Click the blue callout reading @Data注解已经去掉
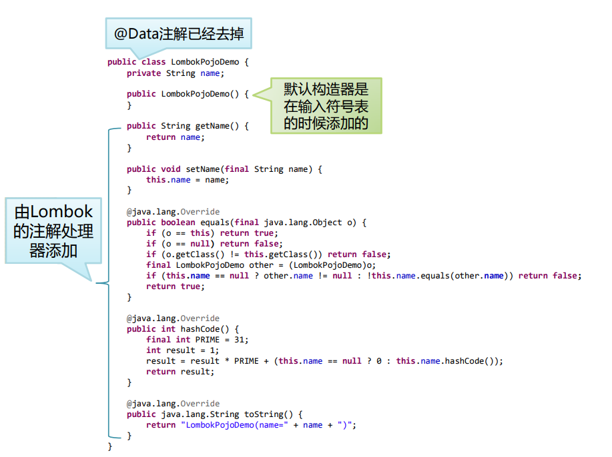coord(178,33)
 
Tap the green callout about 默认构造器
coord(326,106)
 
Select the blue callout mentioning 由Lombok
coord(53,230)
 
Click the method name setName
coord(202,169)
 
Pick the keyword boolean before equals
coord(178,223)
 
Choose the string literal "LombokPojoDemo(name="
coord(234,425)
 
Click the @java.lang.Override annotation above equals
coord(173,212)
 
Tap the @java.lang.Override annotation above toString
coord(173,404)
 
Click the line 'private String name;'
coord(176,73)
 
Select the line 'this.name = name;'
coord(188,180)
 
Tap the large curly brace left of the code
coord(107,283)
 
